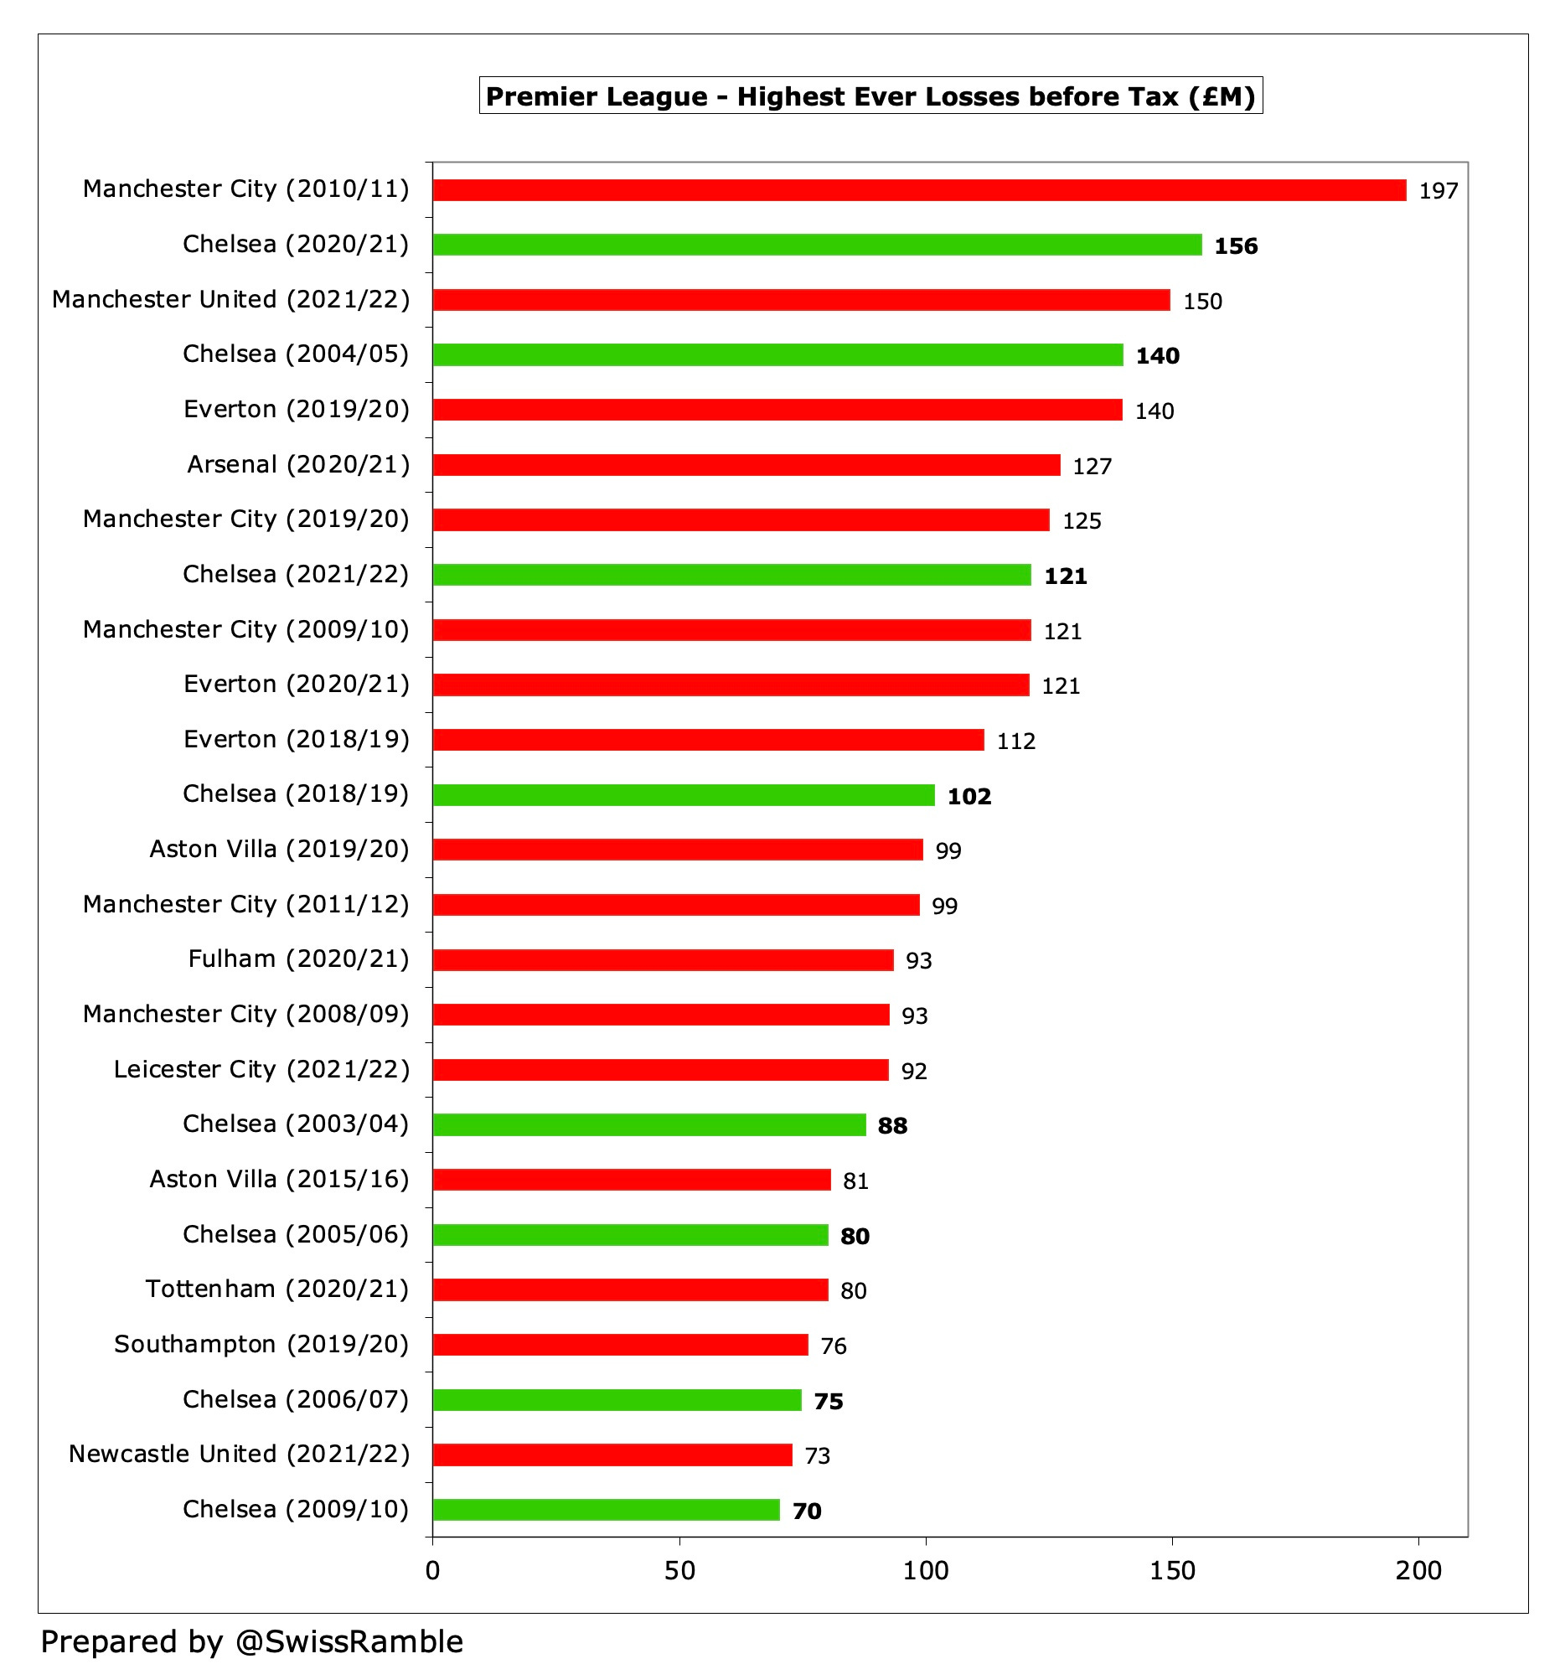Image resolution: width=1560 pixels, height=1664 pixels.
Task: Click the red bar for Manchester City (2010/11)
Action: click(919, 190)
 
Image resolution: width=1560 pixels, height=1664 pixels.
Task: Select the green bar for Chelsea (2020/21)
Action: click(817, 245)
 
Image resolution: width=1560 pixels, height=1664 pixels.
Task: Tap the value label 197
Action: click(1438, 191)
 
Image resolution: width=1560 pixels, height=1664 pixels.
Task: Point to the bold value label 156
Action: click(1236, 246)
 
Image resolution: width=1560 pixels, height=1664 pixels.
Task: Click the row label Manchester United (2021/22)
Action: click(230, 300)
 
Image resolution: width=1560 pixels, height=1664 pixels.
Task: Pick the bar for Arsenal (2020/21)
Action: click(746, 465)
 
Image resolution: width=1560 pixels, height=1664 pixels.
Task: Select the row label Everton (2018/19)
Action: click(296, 740)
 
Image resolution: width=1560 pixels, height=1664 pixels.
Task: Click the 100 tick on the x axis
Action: click(926, 1570)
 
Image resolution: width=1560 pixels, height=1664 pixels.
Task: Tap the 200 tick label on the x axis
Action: click(1418, 1570)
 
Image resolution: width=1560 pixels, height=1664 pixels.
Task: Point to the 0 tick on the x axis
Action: click(432, 1570)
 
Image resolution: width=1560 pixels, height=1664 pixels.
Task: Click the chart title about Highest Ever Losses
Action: click(870, 96)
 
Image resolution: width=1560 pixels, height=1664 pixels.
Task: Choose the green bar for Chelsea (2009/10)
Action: click(606, 1510)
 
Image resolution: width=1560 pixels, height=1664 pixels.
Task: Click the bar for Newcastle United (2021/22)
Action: click(612, 1455)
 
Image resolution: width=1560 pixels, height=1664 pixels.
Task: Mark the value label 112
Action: click(1015, 742)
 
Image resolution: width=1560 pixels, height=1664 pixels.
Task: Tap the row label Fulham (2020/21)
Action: click(298, 959)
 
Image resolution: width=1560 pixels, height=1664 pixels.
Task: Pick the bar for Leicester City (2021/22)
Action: click(660, 1070)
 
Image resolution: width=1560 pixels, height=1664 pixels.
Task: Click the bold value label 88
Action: click(892, 1126)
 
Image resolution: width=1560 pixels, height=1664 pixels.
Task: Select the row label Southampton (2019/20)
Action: click(261, 1345)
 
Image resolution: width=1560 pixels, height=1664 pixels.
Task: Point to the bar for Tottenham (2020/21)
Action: click(630, 1289)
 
